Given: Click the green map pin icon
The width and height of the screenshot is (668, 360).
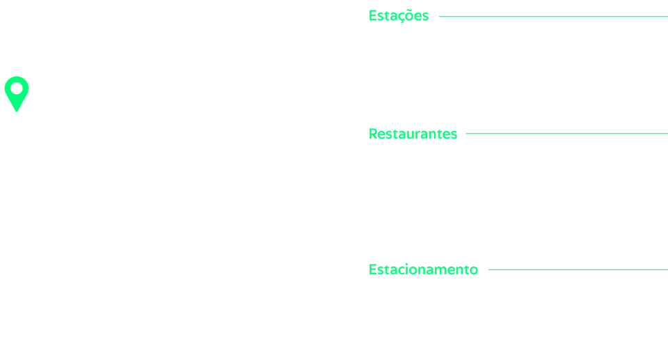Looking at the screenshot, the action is pyautogui.click(x=17, y=94).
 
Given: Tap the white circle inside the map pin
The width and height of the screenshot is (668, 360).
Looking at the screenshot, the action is pyautogui.click(x=17, y=88).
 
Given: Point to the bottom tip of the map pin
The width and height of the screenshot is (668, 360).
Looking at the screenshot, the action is pyautogui.click(x=17, y=112).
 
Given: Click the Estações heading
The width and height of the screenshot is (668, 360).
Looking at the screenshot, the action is pyautogui.click(x=398, y=16).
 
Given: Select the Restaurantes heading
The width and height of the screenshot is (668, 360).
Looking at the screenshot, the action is pyautogui.click(x=413, y=134).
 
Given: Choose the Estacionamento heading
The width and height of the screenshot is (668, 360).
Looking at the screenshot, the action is pyautogui.click(x=423, y=269).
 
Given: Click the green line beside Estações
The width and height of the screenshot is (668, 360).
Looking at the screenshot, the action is pyautogui.click(x=553, y=16).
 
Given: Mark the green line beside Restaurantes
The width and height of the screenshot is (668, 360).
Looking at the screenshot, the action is pyautogui.click(x=567, y=134).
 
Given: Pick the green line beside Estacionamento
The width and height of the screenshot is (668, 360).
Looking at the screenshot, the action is pyautogui.click(x=578, y=269).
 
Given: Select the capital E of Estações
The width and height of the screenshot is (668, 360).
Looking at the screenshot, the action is pyautogui.click(x=372, y=15).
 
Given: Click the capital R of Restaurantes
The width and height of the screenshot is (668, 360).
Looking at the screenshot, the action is pyautogui.click(x=373, y=134).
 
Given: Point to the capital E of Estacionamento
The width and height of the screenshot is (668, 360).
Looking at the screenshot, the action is pyautogui.click(x=372, y=269).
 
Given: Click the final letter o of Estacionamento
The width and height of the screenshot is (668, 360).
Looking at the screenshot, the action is pyautogui.click(x=474, y=271).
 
